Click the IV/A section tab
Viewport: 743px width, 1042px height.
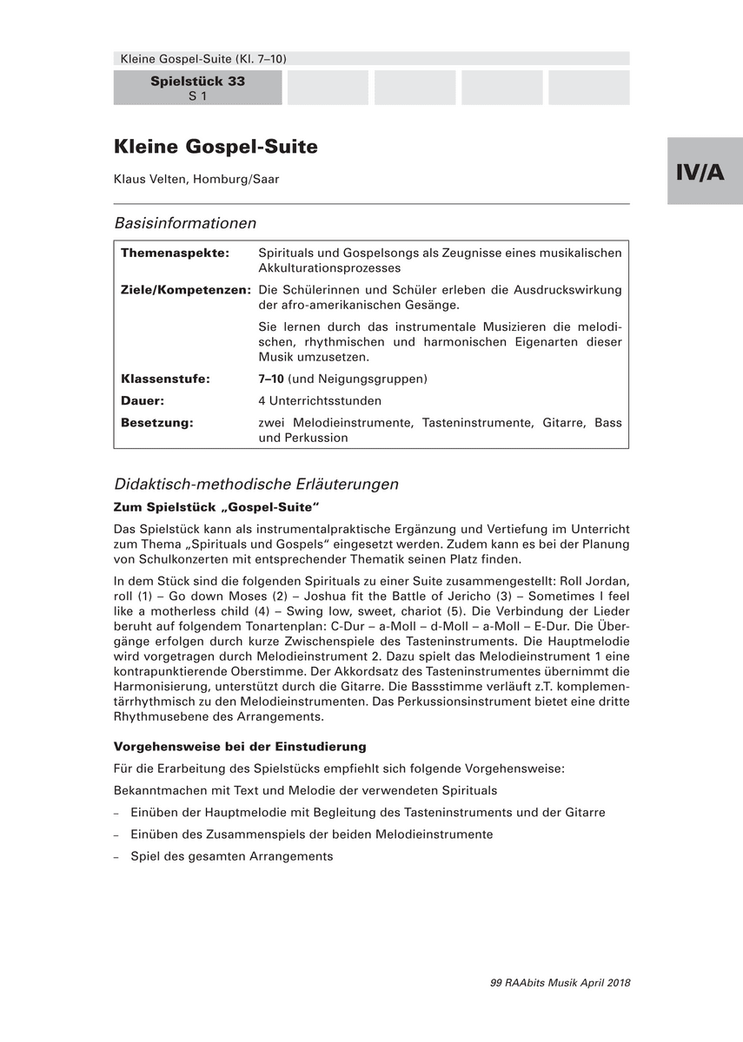pos(705,171)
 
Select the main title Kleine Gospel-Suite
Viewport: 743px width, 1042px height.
pos(216,147)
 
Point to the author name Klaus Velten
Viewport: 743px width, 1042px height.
pos(196,179)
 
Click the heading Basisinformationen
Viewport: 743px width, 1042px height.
pos(185,223)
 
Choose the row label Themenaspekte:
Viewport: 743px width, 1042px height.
pos(175,253)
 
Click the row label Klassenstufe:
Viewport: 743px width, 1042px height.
pos(165,379)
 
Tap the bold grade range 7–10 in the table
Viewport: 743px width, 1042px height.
pos(271,379)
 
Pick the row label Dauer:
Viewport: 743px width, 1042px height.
pos(143,401)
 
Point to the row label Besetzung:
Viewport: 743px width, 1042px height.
pos(156,423)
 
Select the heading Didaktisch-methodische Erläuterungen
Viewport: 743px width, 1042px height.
pos(256,485)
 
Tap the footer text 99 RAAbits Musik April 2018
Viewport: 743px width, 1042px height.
pos(561,983)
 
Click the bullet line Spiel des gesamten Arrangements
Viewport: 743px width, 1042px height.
pos(231,856)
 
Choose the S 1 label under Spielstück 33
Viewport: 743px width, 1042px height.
pos(197,96)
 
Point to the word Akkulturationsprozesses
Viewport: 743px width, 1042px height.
pos(329,268)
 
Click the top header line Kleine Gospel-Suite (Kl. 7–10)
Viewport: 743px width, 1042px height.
pos(200,59)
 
